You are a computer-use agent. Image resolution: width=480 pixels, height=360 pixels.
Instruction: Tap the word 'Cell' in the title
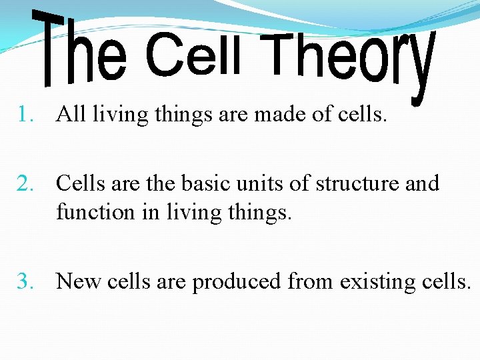coord(193,55)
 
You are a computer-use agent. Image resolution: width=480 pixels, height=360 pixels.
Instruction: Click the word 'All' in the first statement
coord(71,115)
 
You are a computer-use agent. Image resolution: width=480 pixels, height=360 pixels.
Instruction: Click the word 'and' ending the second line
coord(423,183)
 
